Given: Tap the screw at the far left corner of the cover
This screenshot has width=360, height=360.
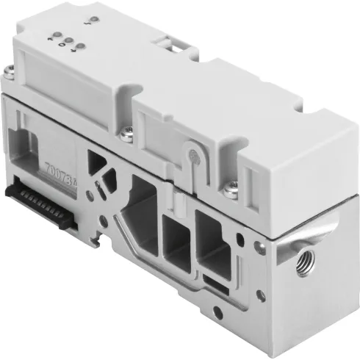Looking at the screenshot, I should point(9,71).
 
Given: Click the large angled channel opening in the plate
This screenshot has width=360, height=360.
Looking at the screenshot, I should point(137,221).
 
